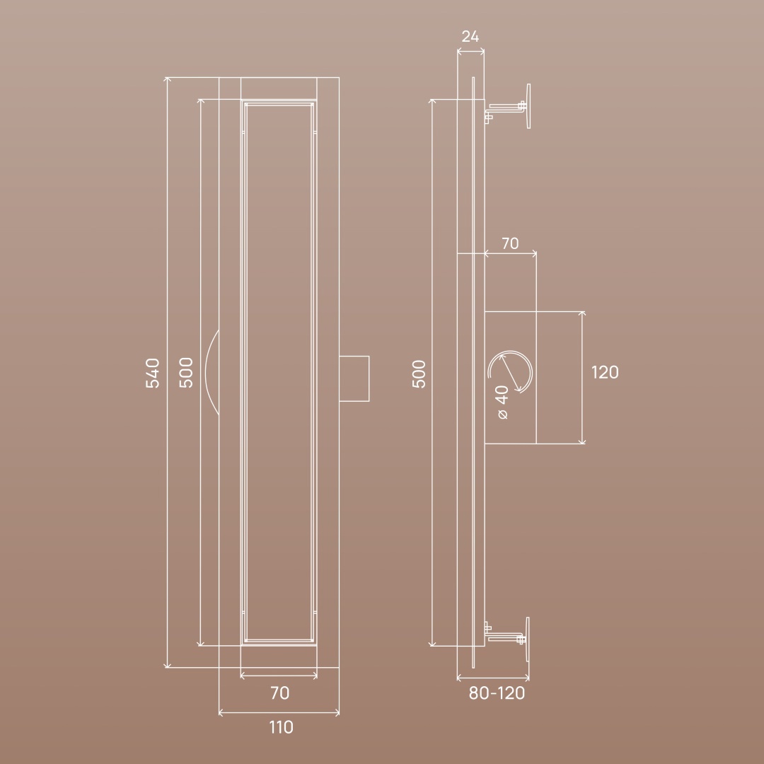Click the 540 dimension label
[153, 373]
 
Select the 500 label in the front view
[186, 373]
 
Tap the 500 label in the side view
[419, 374]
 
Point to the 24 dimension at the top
[470, 37]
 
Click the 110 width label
[281, 727]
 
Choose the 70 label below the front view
[279, 693]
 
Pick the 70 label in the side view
[510, 243]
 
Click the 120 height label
[605, 372]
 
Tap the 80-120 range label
[497, 693]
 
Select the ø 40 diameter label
[502, 402]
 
